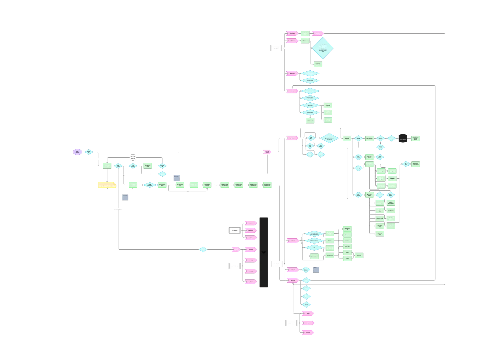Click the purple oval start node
[77, 152]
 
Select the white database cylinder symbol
[133, 157]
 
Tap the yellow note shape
[107, 185]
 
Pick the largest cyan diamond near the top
[323, 48]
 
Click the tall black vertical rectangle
[264, 252]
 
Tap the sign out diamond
[306, 304]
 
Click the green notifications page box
[305, 41]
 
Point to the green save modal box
[359, 255]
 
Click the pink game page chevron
[292, 138]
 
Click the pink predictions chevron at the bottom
[308, 332]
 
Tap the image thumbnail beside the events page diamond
[316, 270]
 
